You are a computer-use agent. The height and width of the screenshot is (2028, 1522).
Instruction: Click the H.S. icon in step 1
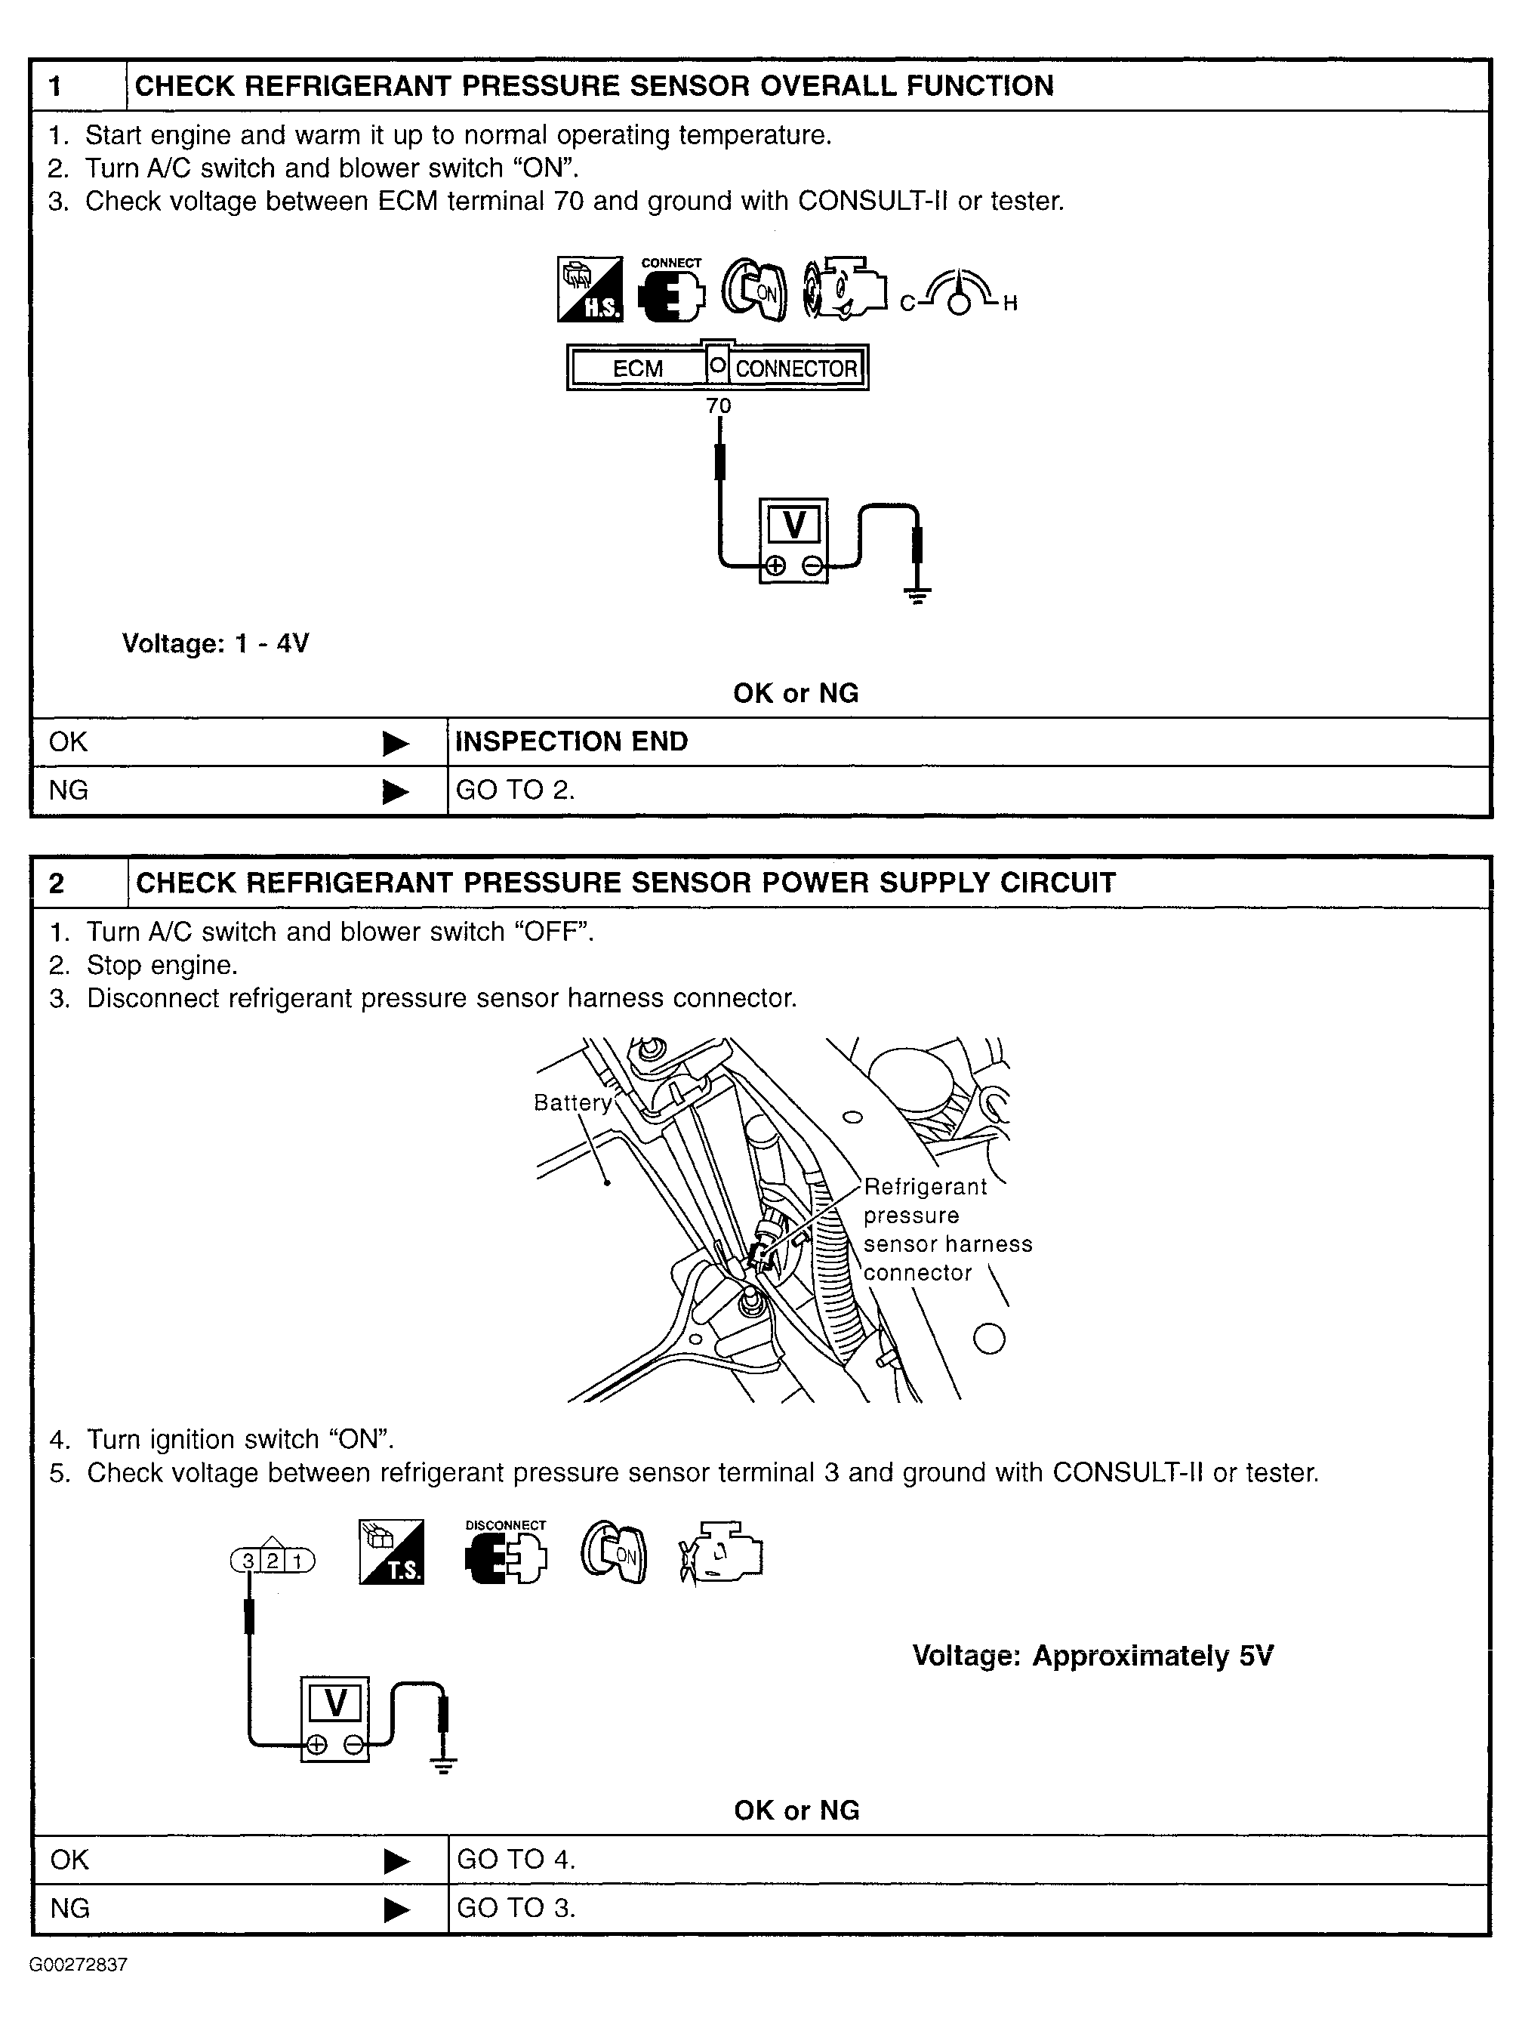pyautogui.click(x=590, y=288)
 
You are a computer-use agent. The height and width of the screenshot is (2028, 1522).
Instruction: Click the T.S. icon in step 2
pyautogui.click(x=392, y=1552)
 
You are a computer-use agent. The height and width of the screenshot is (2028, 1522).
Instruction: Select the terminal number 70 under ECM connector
pyautogui.click(x=719, y=405)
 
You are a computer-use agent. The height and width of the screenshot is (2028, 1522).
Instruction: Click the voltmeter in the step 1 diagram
pyautogui.click(x=794, y=541)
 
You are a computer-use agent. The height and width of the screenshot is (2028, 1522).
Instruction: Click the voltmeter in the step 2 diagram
pyautogui.click(x=334, y=1719)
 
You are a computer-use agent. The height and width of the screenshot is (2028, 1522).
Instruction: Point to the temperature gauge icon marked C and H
pyautogui.click(x=958, y=294)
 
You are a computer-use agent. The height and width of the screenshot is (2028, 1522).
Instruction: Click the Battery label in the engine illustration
pyautogui.click(x=572, y=1103)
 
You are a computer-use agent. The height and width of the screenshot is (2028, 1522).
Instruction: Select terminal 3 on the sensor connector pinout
pyautogui.click(x=248, y=1561)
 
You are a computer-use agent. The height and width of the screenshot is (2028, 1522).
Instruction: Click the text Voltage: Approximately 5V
pyautogui.click(x=1092, y=1656)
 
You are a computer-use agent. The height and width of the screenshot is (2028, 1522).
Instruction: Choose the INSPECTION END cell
pyautogui.click(x=572, y=741)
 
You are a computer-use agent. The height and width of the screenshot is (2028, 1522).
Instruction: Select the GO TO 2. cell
pyautogui.click(x=516, y=791)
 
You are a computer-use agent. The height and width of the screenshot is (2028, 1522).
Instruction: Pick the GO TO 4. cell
pyautogui.click(x=516, y=1860)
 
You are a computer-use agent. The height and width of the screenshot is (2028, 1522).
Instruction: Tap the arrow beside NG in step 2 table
pyautogui.click(x=396, y=1909)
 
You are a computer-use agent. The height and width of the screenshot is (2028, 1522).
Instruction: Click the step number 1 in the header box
pyautogui.click(x=57, y=86)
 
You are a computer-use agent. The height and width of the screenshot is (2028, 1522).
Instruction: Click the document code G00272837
pyautogui.click(x=78, y=1965)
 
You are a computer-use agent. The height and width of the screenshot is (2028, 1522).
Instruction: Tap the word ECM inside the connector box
pyautogui.click(x=637, y=368)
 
